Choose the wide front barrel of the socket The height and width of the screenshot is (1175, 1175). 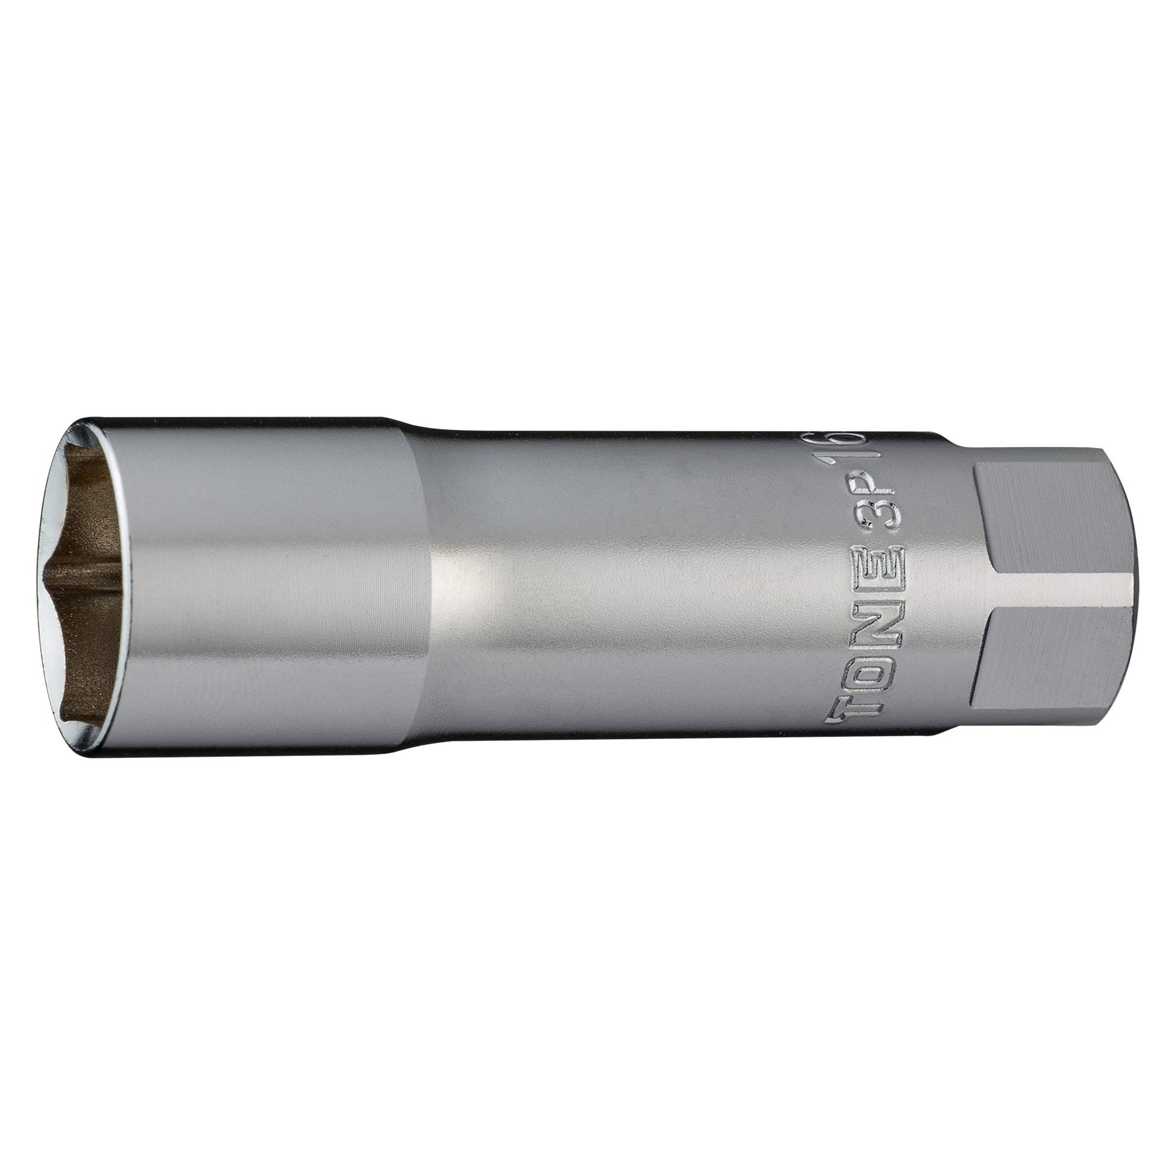(x=274, y=584)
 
